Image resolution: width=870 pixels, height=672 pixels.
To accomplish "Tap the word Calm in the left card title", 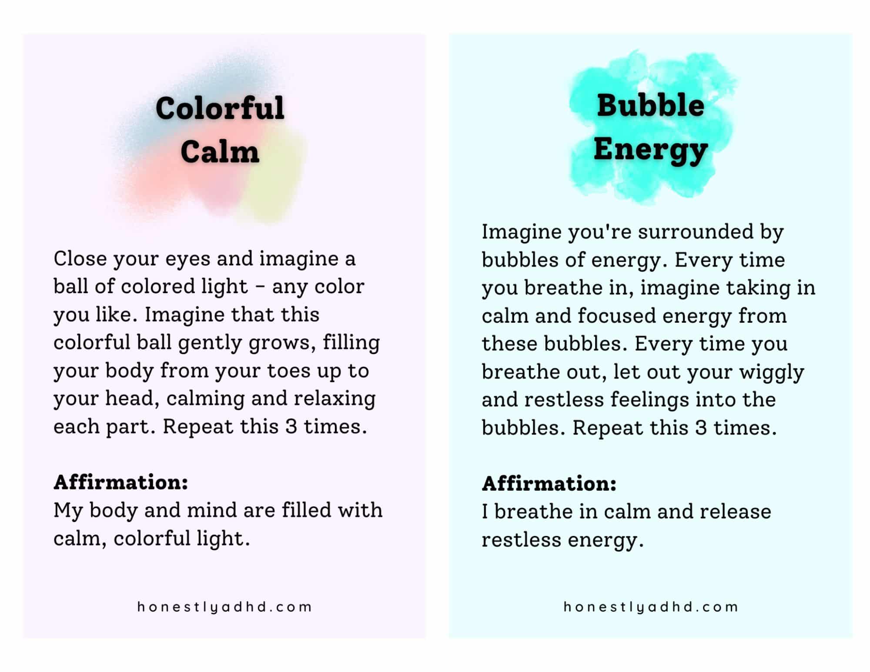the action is point(220,152).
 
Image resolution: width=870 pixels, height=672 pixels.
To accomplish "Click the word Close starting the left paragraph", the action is point(80,258).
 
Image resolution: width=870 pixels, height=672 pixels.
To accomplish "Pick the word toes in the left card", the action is point(288,371).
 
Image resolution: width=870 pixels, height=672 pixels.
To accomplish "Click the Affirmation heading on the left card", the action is point(121,482).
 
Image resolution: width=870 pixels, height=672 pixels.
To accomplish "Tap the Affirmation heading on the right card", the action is point(549,483).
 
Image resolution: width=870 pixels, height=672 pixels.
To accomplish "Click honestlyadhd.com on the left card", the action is point(224,607).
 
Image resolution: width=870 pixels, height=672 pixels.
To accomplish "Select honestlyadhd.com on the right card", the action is point(651,607).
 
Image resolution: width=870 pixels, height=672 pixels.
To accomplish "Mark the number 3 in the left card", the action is point(291,426).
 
